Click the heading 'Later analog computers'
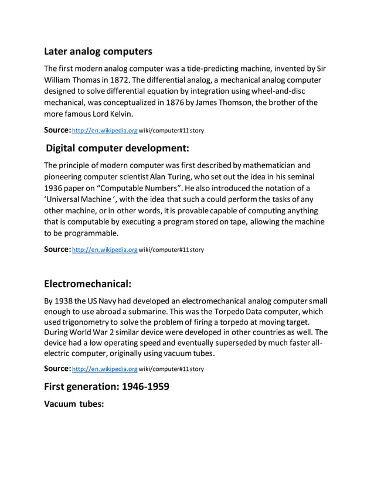point(98,52)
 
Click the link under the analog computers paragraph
point(104,129)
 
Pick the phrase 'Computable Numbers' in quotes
point(152,188)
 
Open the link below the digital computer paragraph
point(104,249)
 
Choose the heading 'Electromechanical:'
point(87,284)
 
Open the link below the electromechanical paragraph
point(104,369)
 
